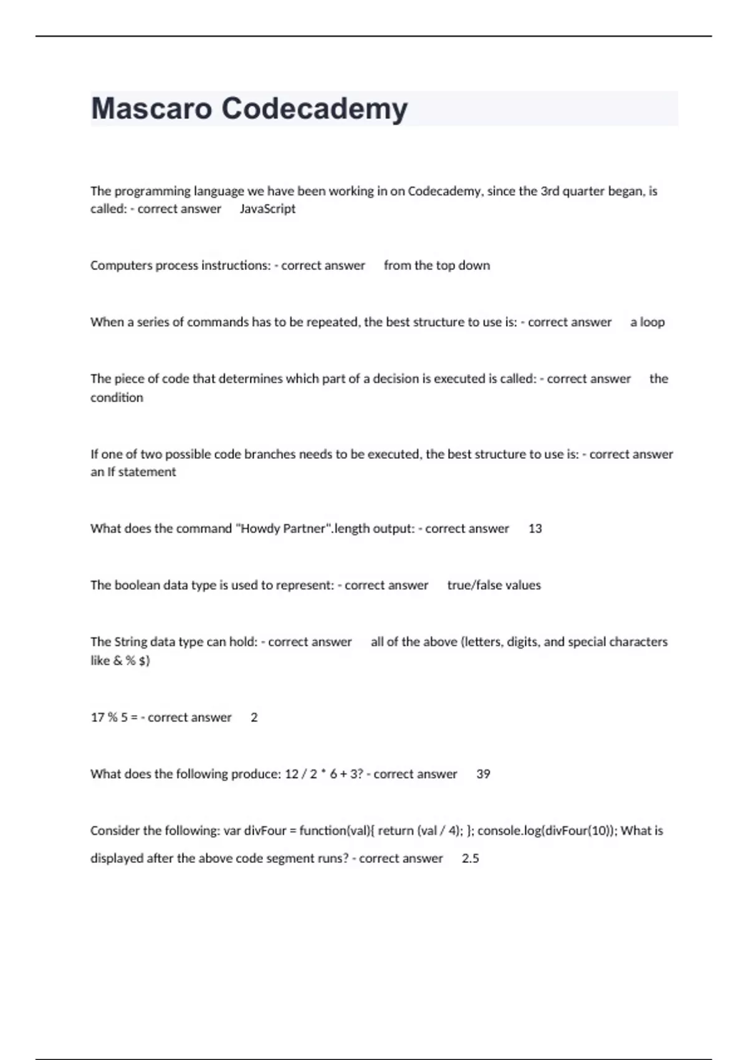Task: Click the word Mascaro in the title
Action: coord(151,108)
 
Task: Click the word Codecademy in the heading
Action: coord(314,108)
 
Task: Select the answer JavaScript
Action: coord(267,209)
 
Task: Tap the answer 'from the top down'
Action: coord(436,266)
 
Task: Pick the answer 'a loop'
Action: coord(647,322)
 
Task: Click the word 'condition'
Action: coord(117,398)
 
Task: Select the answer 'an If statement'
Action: coord(133,472)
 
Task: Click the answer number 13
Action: coord(535,529)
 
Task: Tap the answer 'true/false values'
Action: coord(494,585)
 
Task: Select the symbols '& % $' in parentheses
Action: coord(130,660)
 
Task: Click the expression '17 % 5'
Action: coord(109,718)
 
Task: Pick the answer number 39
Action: coord(483,774)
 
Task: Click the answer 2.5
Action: coord(470,859)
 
